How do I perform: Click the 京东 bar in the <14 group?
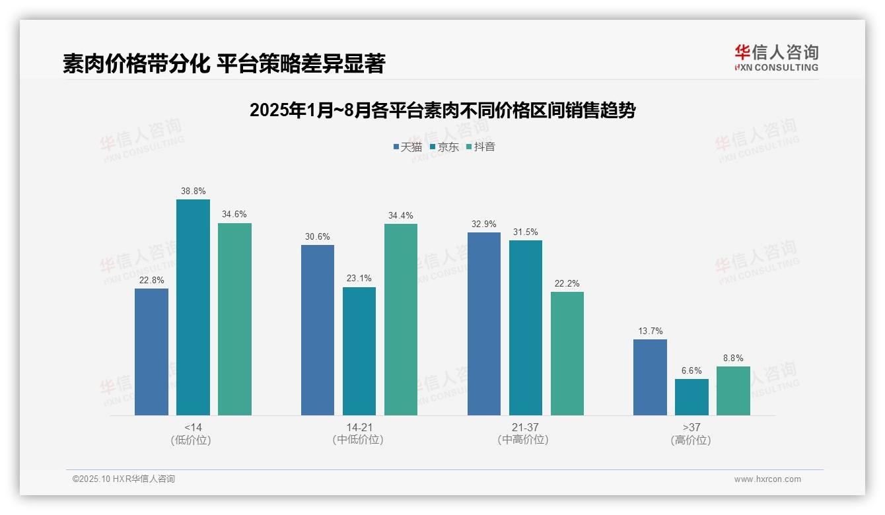[x=193, y=307]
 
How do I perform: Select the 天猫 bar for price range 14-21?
[x=318, y=330]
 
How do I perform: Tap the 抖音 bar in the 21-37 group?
[x=567, y=353]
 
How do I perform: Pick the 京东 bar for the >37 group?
[x=691, y=397]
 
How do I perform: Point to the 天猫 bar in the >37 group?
[x=650, y=377]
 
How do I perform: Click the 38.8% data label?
[x=193, y=191]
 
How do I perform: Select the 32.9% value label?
[x=483, y=224]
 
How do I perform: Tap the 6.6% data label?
[x=691, y=370]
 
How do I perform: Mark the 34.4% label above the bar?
[x=401, y=215]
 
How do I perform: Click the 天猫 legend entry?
[x=407, y=147]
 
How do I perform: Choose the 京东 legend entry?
[x=444, y=147]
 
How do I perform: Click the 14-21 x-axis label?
[x=359, y=427]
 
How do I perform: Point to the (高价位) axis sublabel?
[x=691, y=440]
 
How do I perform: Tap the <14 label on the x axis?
[x=193, y=427]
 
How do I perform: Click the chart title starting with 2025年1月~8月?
[x=442, y=110]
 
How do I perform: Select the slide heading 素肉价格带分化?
[x=223, y=64]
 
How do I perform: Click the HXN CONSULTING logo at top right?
[x=776, y=58]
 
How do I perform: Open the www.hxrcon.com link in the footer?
[x=767, y=479]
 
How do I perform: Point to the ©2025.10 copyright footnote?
[x=124, y=479]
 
